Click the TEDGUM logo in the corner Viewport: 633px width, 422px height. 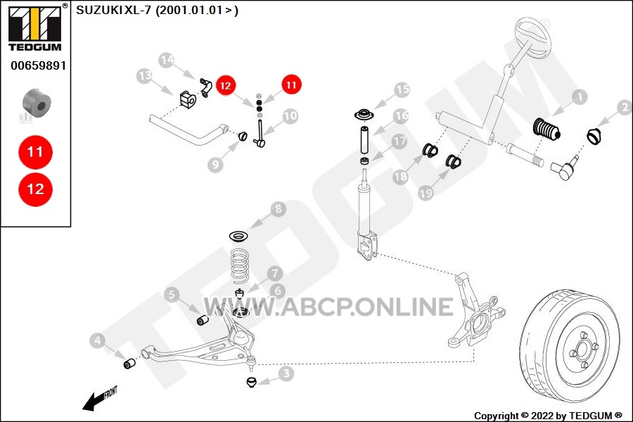35,27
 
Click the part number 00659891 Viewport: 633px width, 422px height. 39,65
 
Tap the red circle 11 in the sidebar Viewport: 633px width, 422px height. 35,152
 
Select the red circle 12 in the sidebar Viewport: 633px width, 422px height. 35,189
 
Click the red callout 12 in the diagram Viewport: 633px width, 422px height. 226,85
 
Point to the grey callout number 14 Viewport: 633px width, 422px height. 167,60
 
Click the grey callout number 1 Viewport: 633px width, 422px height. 580,97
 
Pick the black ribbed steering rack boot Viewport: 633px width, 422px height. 547,129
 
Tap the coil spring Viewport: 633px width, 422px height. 240,265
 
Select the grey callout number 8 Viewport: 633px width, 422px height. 278,209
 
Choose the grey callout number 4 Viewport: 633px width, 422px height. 97,341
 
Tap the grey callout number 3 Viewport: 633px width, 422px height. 286,373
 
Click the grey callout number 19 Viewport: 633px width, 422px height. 426,193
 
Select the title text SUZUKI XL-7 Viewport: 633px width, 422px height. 113,10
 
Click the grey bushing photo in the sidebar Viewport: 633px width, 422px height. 37,103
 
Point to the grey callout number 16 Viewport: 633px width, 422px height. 402,116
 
